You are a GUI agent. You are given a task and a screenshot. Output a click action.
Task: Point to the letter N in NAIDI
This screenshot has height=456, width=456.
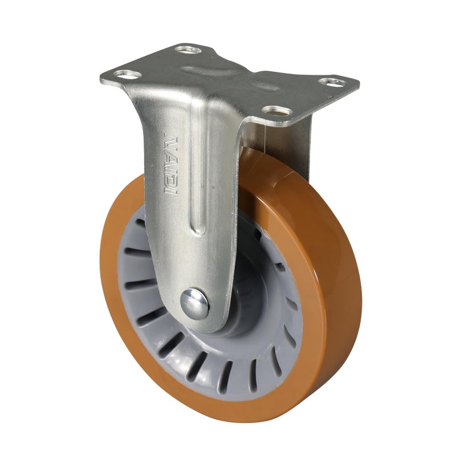point(170,140)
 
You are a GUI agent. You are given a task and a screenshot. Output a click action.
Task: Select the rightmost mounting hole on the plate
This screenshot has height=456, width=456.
point(331,83)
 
